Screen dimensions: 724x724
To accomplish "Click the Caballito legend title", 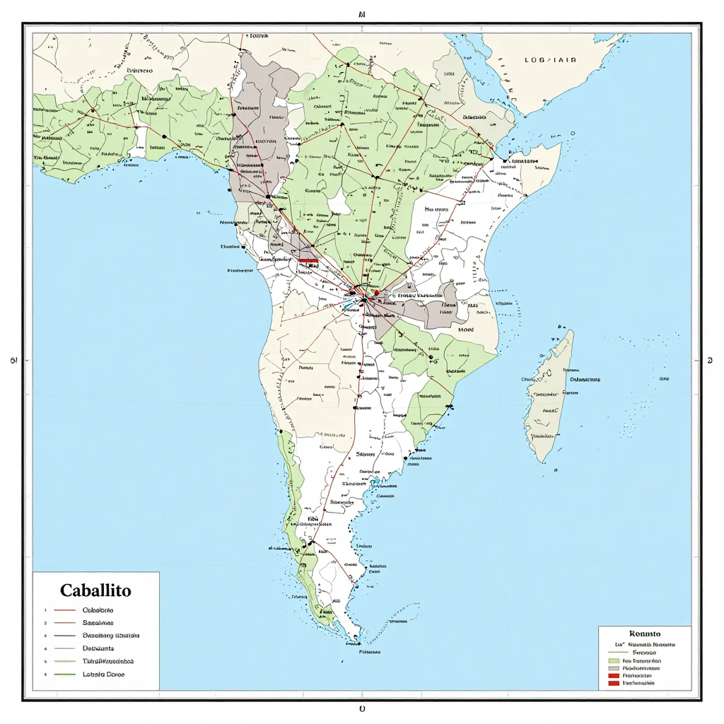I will coord(95,590).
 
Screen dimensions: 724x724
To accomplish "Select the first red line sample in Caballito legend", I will coord(65,609).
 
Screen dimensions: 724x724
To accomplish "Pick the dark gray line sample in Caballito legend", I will coord(65,635).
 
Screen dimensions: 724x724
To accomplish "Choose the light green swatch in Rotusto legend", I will coord(613,660).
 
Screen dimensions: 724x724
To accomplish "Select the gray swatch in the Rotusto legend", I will coord(613,667).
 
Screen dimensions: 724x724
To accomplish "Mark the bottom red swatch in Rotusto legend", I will coord(613,683).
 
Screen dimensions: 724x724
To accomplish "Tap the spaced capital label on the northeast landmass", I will coord(550,60).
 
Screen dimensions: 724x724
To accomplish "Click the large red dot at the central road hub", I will coord(377,292).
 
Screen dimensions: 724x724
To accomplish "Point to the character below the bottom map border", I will coord(362,708).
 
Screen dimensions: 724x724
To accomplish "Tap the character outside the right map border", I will coord(709,361).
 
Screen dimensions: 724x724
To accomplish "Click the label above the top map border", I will coord(361,13).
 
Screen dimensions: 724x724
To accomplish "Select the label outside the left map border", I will coord(13,361).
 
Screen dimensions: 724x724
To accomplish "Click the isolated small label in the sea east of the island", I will coord(664,379).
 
